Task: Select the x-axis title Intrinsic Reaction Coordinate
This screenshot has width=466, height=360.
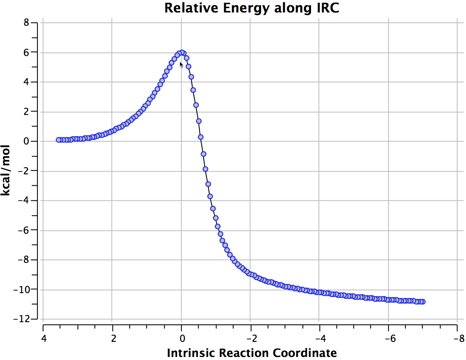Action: click(252, 352)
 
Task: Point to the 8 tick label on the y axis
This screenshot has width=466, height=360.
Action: click(26, 23)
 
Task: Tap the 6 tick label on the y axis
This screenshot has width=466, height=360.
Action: click(26, 52)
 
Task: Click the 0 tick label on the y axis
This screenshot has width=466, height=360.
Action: click(26, 141)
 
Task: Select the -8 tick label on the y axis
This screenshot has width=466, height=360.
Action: click(24, 260)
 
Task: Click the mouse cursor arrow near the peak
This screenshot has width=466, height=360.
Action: click(182, 65)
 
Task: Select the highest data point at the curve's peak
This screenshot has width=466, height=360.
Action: click(182, 53)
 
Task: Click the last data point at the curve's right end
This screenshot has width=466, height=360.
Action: click(423, 301)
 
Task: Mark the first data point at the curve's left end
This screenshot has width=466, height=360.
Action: click(59, 140)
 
